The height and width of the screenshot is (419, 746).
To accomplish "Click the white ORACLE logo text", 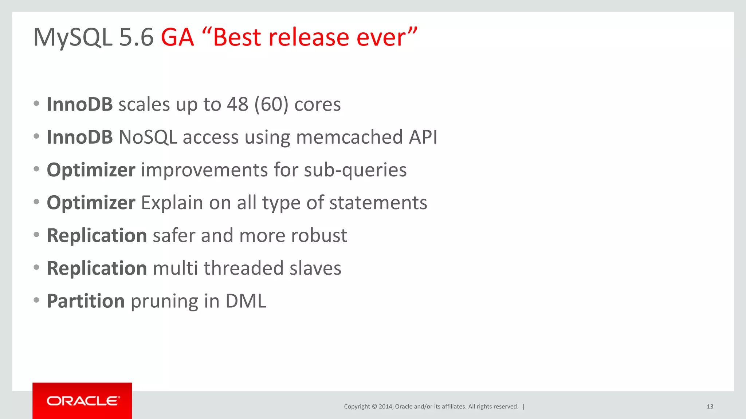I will (83, 401).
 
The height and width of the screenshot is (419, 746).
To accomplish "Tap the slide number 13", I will (710, 407).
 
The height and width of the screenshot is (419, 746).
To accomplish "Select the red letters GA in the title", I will (177, 37).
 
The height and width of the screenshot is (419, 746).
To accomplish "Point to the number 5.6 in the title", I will (136, 37).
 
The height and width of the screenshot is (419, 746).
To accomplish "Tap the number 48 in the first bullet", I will (237, 105).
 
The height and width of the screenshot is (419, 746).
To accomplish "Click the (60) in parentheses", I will (271, 105).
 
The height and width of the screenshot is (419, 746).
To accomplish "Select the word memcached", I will (349, 137).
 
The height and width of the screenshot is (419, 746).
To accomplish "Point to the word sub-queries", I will (355, 170).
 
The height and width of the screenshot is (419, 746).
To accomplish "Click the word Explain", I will (172, 203).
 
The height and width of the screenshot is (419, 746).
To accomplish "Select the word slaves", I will (315, 268).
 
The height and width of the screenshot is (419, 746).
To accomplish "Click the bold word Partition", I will (86, 301).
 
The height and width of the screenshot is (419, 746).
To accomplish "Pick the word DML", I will (246, 301).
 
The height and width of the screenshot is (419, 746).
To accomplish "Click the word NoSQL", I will (148, 137).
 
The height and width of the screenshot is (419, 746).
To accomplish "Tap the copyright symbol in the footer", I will (374, 407).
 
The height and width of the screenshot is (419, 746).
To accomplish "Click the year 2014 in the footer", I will (385, 407).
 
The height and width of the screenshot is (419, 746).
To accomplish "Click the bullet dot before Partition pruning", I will (36, 300).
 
